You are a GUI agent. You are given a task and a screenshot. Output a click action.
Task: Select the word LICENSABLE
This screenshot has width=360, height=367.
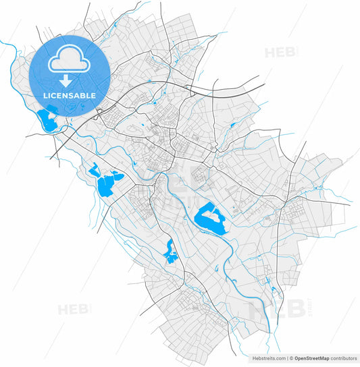tap(70, 96)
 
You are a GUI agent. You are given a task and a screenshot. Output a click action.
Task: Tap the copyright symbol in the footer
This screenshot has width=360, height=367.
tap(290, 358)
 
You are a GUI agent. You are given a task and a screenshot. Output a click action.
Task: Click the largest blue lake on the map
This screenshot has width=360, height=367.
tap(210, 219)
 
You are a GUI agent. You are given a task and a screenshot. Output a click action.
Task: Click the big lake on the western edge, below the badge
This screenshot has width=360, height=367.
tap(107, 183)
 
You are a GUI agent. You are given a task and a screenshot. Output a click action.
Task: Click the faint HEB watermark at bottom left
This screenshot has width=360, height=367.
tap(73, 310)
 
